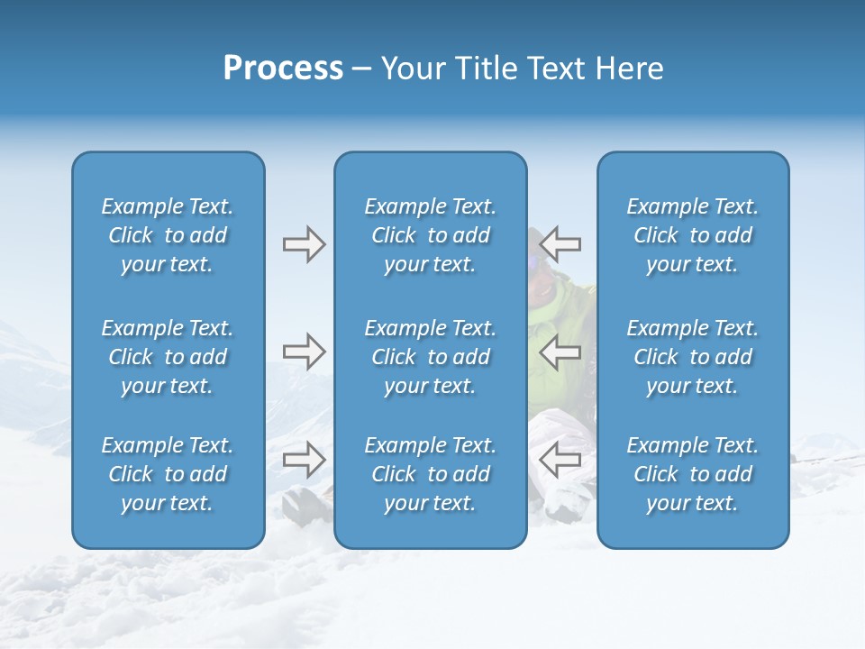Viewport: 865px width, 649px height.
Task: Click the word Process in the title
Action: point(283,69)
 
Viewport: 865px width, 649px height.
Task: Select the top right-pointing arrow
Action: point(304,244)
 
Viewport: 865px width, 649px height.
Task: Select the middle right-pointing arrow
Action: point(304,351)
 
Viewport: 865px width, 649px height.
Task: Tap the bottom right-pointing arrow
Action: point(304,459)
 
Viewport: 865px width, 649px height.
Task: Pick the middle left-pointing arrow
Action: point(560,351)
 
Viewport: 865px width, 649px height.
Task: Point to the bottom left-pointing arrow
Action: point(560,459)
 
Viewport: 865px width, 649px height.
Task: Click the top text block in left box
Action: point(168,235)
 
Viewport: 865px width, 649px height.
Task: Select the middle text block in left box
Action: point(168,357)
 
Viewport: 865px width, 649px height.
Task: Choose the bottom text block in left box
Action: point(168,474)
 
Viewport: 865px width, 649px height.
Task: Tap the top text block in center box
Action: point(431,235)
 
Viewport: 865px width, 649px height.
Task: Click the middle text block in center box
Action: point(431,357)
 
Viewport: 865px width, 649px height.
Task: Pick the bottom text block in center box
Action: point(431,474)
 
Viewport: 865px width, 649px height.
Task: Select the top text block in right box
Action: point(693,235)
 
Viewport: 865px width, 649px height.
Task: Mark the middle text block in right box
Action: point(693,357)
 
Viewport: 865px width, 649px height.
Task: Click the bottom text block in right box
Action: point(693,474)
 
